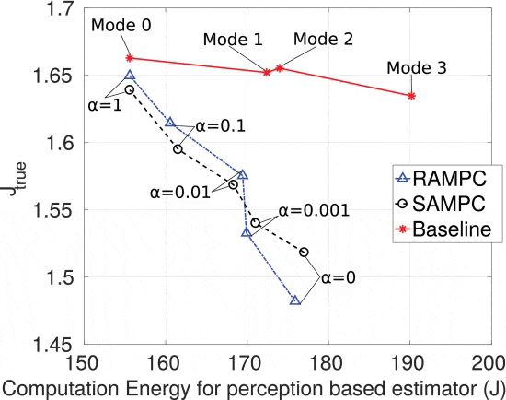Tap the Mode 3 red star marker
coord(410,95)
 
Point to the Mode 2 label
coord(322,40)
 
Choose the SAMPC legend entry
coord(432,201)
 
